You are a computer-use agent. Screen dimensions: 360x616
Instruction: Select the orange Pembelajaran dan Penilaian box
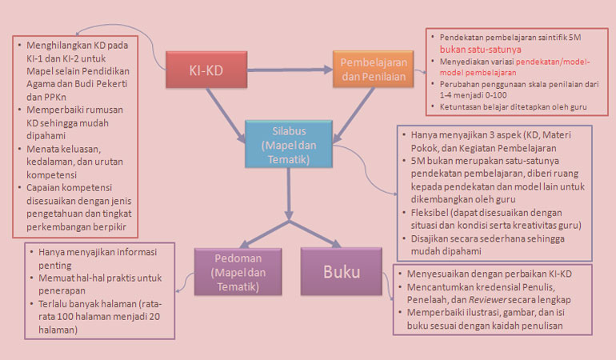(373, 69)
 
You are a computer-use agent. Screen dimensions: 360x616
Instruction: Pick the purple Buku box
(342, 270)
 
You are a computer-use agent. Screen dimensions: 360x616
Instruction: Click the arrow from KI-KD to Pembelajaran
(284, 70)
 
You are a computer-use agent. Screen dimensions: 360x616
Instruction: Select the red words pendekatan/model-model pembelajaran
(544, 66)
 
